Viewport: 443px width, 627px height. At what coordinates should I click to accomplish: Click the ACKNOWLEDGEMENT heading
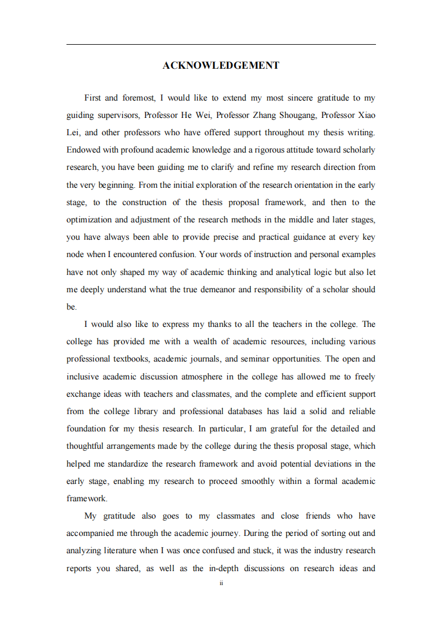pos(221,65)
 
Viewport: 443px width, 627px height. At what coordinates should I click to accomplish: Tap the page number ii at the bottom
pos(221,583)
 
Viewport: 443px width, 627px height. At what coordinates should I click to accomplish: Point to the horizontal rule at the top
pos(221,45)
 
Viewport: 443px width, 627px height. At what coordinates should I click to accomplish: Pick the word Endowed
pos(82,150)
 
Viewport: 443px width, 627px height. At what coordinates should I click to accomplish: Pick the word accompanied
pos(91,533)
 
